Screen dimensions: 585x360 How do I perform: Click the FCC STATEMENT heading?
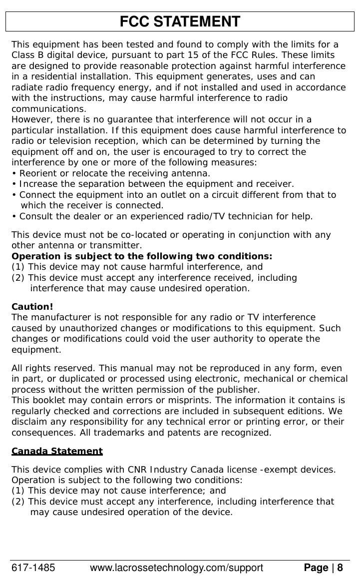180,22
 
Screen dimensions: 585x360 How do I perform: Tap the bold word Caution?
32,307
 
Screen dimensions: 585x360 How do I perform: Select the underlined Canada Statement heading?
57,452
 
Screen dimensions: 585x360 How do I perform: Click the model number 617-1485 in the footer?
33,568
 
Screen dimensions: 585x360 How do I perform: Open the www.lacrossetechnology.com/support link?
176,568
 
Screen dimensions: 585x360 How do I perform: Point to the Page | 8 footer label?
323,568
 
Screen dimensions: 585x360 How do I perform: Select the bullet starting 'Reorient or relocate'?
111,173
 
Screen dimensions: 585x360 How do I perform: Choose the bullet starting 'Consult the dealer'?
163,217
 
